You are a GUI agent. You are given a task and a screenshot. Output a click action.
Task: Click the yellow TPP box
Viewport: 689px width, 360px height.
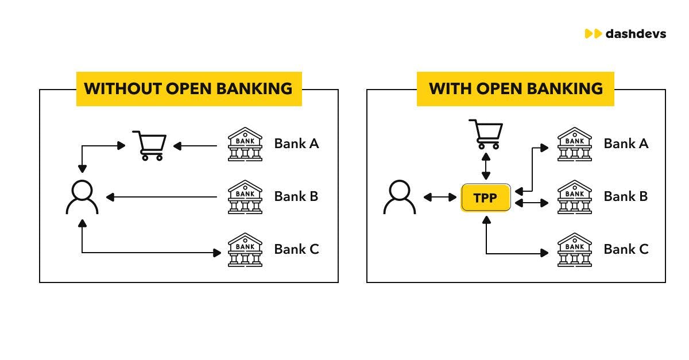(x=485, y=198)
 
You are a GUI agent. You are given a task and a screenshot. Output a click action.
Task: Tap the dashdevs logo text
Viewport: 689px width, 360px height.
(x=635, y=34)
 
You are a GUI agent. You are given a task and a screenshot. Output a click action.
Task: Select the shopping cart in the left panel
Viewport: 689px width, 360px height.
(x=150, y=145)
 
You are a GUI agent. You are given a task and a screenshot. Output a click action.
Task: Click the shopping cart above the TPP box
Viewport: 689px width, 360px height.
(x=486, y=134)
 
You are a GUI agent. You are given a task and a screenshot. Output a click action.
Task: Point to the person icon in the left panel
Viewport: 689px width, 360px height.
(x=82, y=197)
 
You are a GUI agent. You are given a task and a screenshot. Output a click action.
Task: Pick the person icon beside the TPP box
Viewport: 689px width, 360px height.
(x=399, y=197)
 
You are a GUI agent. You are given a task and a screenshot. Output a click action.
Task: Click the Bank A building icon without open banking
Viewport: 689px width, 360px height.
(x=245, y=144)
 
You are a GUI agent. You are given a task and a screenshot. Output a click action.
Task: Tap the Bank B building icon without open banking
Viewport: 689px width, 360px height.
(x=245, y=197)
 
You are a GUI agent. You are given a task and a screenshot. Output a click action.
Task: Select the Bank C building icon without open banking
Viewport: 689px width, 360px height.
(x=245, y=250)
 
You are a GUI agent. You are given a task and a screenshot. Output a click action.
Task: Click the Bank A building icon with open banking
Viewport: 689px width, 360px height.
(x=575, y=144)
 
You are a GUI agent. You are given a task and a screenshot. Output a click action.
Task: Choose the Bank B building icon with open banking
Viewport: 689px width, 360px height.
(x=575, y=197)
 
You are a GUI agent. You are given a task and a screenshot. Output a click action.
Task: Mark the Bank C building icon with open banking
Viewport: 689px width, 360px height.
(x=575, y=250)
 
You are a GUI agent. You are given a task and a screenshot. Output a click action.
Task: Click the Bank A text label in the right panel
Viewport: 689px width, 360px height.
(x=626, y=144)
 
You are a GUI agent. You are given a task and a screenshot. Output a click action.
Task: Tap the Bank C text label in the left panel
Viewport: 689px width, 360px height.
(x=296, y=249)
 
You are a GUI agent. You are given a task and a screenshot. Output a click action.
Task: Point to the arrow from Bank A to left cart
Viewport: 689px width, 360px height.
(x=195, y=146)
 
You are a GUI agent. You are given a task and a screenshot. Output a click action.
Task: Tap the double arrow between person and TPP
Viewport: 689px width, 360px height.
(x=440, y=198)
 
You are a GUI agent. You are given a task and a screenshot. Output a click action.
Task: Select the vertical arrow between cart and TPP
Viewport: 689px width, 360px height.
(x=486, y=167)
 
